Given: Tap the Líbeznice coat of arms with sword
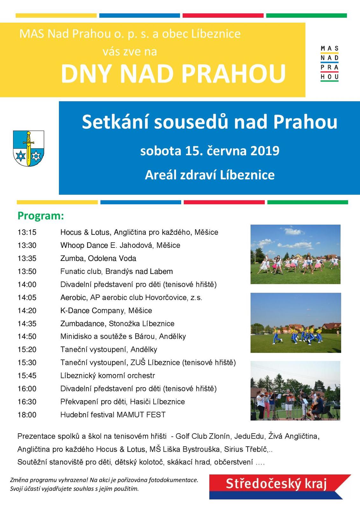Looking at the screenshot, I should point(28,148).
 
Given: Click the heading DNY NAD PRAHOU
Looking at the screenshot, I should point(173,74).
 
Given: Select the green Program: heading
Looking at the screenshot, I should point(41,216).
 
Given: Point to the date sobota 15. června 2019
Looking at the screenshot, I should point(210,150).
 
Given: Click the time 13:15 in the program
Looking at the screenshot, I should point(27,232).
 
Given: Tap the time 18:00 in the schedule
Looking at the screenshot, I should point(27,415).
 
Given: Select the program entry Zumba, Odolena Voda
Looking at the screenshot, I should point(98,258).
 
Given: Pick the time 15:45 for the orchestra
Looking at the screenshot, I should point(27,375).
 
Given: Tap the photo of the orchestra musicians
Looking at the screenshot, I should point(295,391).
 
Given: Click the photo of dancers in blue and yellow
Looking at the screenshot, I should point(295,323).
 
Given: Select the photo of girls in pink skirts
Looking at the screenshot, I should point(295,254).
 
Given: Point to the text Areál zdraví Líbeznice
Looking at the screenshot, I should point(210,175).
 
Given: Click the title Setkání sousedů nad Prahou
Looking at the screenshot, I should point(209,122).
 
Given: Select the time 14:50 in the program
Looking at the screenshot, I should point(27,336).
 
